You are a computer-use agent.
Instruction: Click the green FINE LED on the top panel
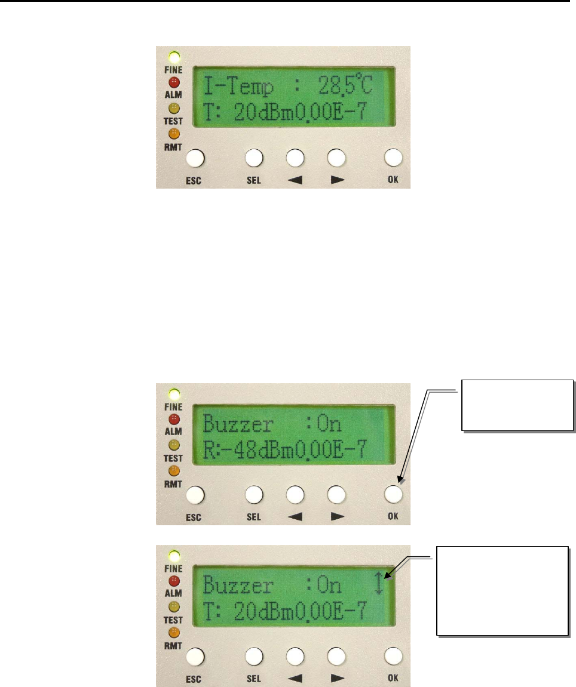[x=174, y=58]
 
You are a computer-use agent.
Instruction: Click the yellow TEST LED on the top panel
[x=174, y=108]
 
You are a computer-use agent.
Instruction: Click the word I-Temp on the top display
[x=239, y=88]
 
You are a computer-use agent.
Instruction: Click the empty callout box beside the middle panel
[x=517, y=404]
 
